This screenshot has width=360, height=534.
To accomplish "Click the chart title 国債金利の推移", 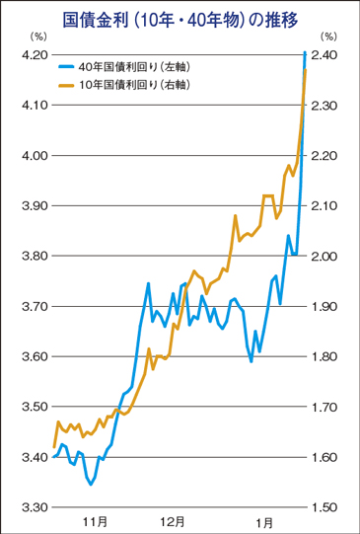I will point(180,19).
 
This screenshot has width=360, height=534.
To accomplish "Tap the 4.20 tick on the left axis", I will point(32,55).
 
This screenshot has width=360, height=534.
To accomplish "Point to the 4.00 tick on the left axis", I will point(32,156).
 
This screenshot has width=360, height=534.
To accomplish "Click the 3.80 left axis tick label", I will point(32,256).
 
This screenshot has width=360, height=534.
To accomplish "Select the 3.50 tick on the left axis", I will point(32,407).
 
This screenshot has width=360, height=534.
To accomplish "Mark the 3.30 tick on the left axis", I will point(32,506).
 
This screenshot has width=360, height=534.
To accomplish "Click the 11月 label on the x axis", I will point(94,520).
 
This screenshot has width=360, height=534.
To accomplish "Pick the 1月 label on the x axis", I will point(263,520).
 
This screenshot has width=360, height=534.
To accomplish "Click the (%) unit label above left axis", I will point(36,37).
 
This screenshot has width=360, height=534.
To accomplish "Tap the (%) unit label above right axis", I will point(326,37).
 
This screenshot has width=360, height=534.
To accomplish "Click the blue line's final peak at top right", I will point(304,51).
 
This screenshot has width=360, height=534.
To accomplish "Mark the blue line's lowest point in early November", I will point(91,484).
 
